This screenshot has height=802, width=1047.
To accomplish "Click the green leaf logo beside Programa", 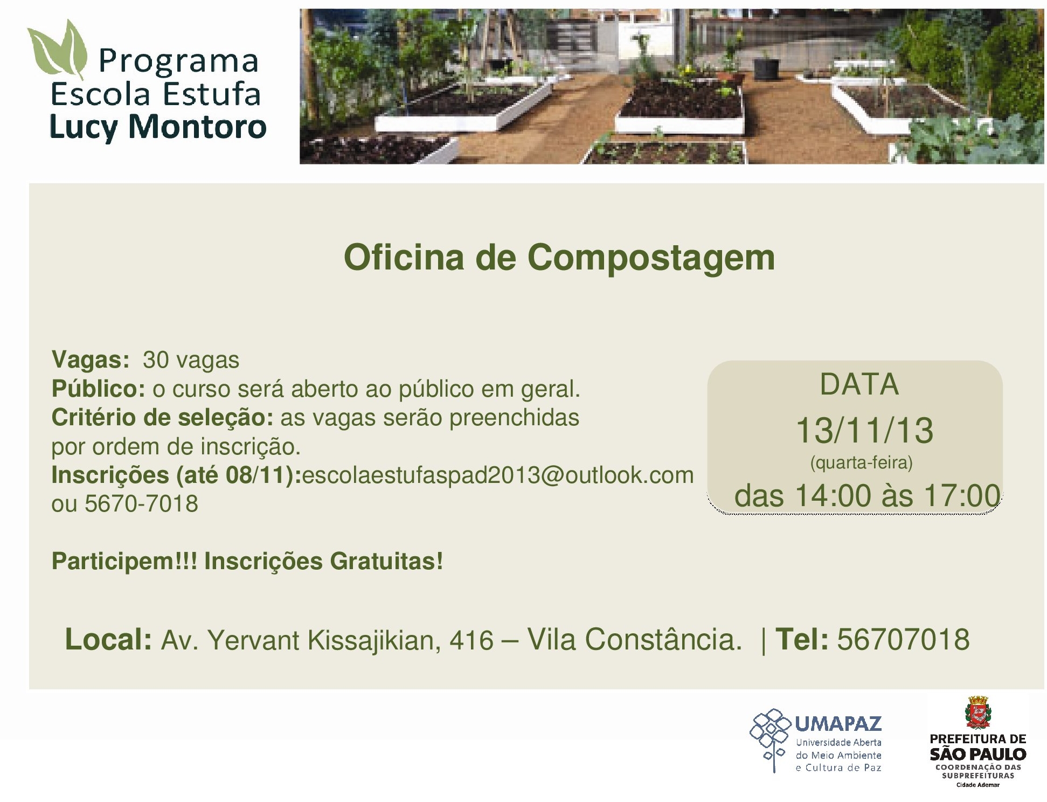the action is pos(58,50).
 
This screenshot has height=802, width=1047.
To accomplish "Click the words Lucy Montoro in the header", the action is pos(158,127).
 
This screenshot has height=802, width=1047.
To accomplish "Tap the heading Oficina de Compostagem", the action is pos(559,258).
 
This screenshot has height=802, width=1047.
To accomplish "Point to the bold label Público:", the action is pos(99,388).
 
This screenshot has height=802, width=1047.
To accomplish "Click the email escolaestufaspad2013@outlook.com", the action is pos(498,475).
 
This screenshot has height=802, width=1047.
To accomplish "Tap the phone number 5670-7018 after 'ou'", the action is pos(142,504).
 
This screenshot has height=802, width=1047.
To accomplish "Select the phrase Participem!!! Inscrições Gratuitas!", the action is pos(247,562).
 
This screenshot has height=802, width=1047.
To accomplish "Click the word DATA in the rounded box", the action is pos(859,385).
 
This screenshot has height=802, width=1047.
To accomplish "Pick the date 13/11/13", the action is pos(864,431).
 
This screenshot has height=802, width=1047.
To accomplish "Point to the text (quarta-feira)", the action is pos(861,463).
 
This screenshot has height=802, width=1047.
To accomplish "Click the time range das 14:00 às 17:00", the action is pos(867,495).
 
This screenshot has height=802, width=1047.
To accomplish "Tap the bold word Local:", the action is pos(108,640).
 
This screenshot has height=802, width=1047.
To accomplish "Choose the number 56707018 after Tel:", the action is pos(903,640).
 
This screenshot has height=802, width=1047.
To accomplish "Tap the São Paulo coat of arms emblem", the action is pos(977,713).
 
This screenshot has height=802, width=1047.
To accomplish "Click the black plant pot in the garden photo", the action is pos(766,68).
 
